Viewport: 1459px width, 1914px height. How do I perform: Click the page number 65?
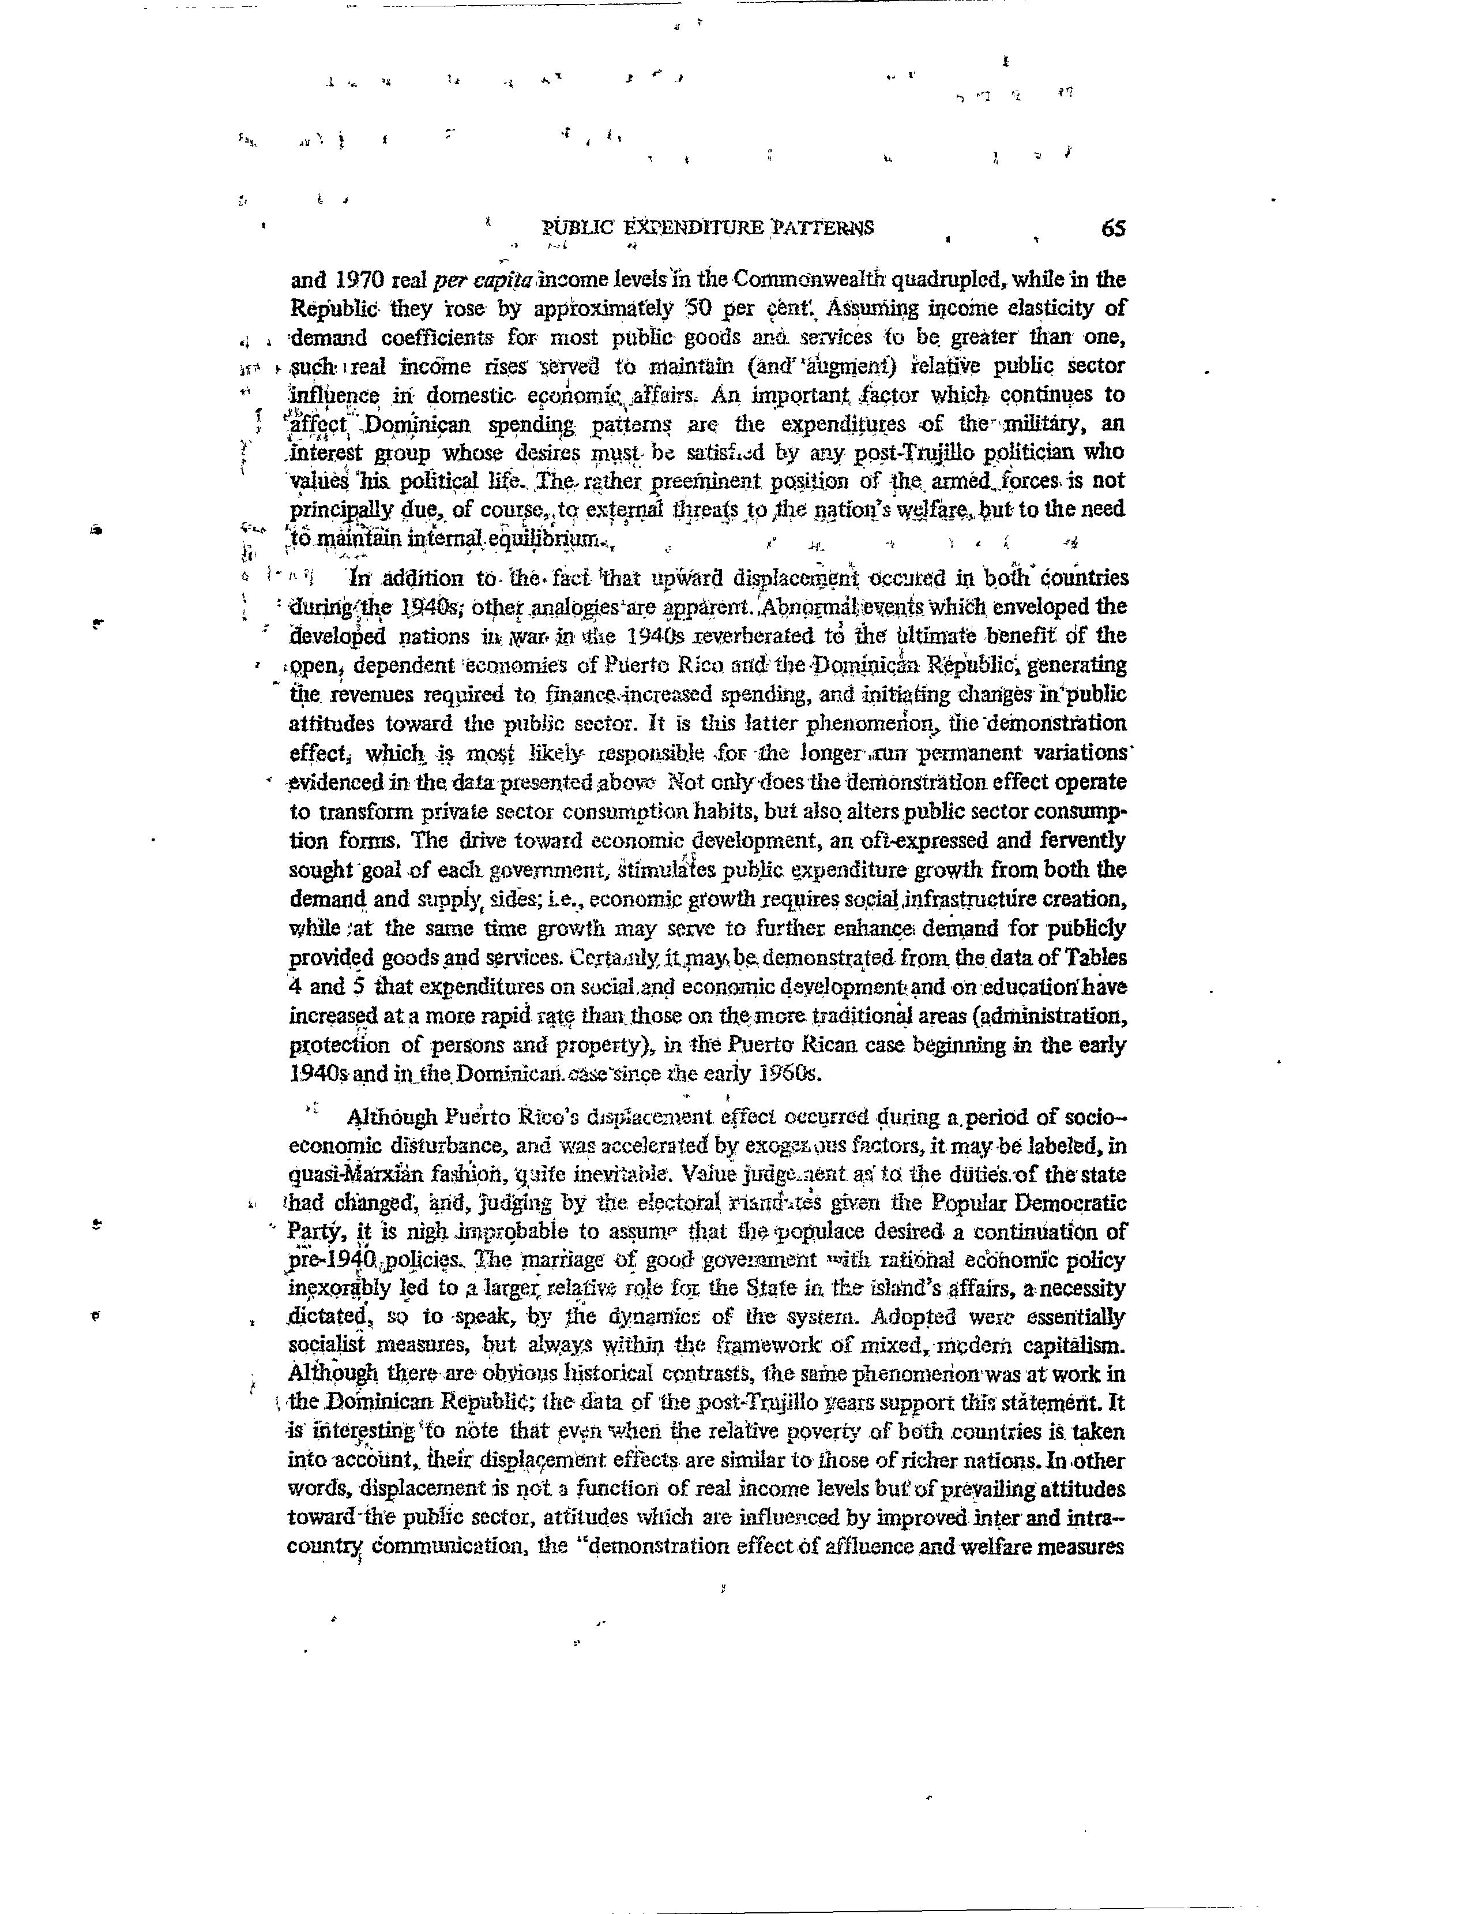1112,229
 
